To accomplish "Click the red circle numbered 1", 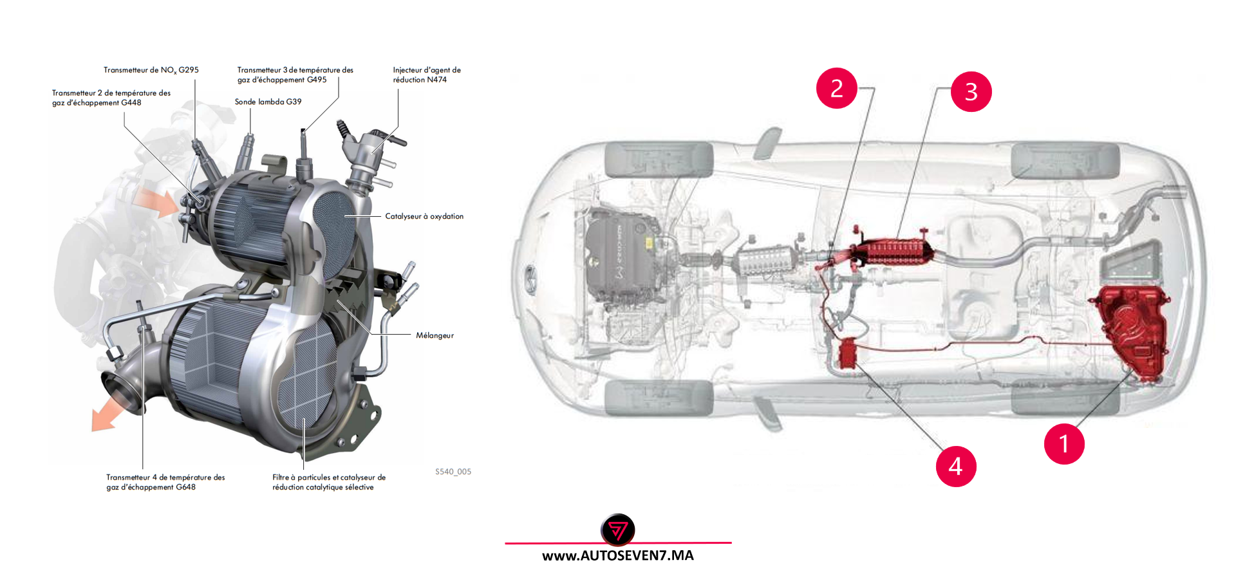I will click(x=1063, y=443).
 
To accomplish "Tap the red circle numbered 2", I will click(x=836, y=88).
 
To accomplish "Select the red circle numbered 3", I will click(x=971, y=91).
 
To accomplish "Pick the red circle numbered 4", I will click(x=955, y=466).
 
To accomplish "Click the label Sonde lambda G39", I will click(x=268, y=102).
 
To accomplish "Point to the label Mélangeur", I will click(x=435, y=335).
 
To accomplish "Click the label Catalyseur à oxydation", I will click(x=424, y=216).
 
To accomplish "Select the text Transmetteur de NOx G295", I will click(x=151, y=70).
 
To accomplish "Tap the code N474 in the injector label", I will click(x=436, y=80).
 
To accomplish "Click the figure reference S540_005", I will click(x=453, y=472).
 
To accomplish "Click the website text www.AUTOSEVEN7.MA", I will click(x=617, y=555).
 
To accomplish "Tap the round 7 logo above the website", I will click(x=617, y=530).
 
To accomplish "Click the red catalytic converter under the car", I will click(x=895, y=251).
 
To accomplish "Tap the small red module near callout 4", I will click(x=848, y=354).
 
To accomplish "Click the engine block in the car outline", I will click(x=621, y=254).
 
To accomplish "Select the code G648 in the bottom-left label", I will click(x=185, y=487).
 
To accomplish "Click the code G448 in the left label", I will click(x=131, y=103).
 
